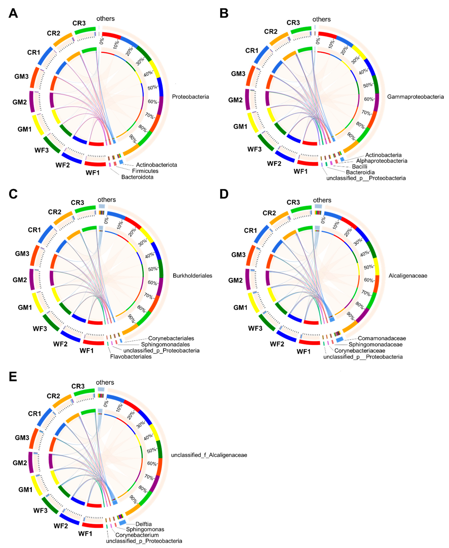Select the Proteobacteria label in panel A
(190, 97)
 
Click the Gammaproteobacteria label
(415, 97)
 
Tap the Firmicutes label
(145, 171)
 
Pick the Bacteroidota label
(137, 177)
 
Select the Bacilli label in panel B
(359, 167)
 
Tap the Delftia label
(144, 524)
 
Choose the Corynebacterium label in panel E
(137, 535)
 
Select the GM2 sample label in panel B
(235, 100)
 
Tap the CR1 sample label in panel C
(34, 230)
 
